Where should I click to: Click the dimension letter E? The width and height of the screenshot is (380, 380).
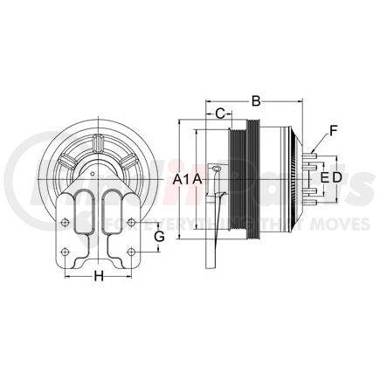pyautogui.click(x=324, y=177)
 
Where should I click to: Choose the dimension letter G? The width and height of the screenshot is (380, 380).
pyautogui.click(x=159, y=237)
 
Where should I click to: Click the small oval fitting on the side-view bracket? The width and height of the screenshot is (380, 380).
pyautogui.click(x=216, y=168)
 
